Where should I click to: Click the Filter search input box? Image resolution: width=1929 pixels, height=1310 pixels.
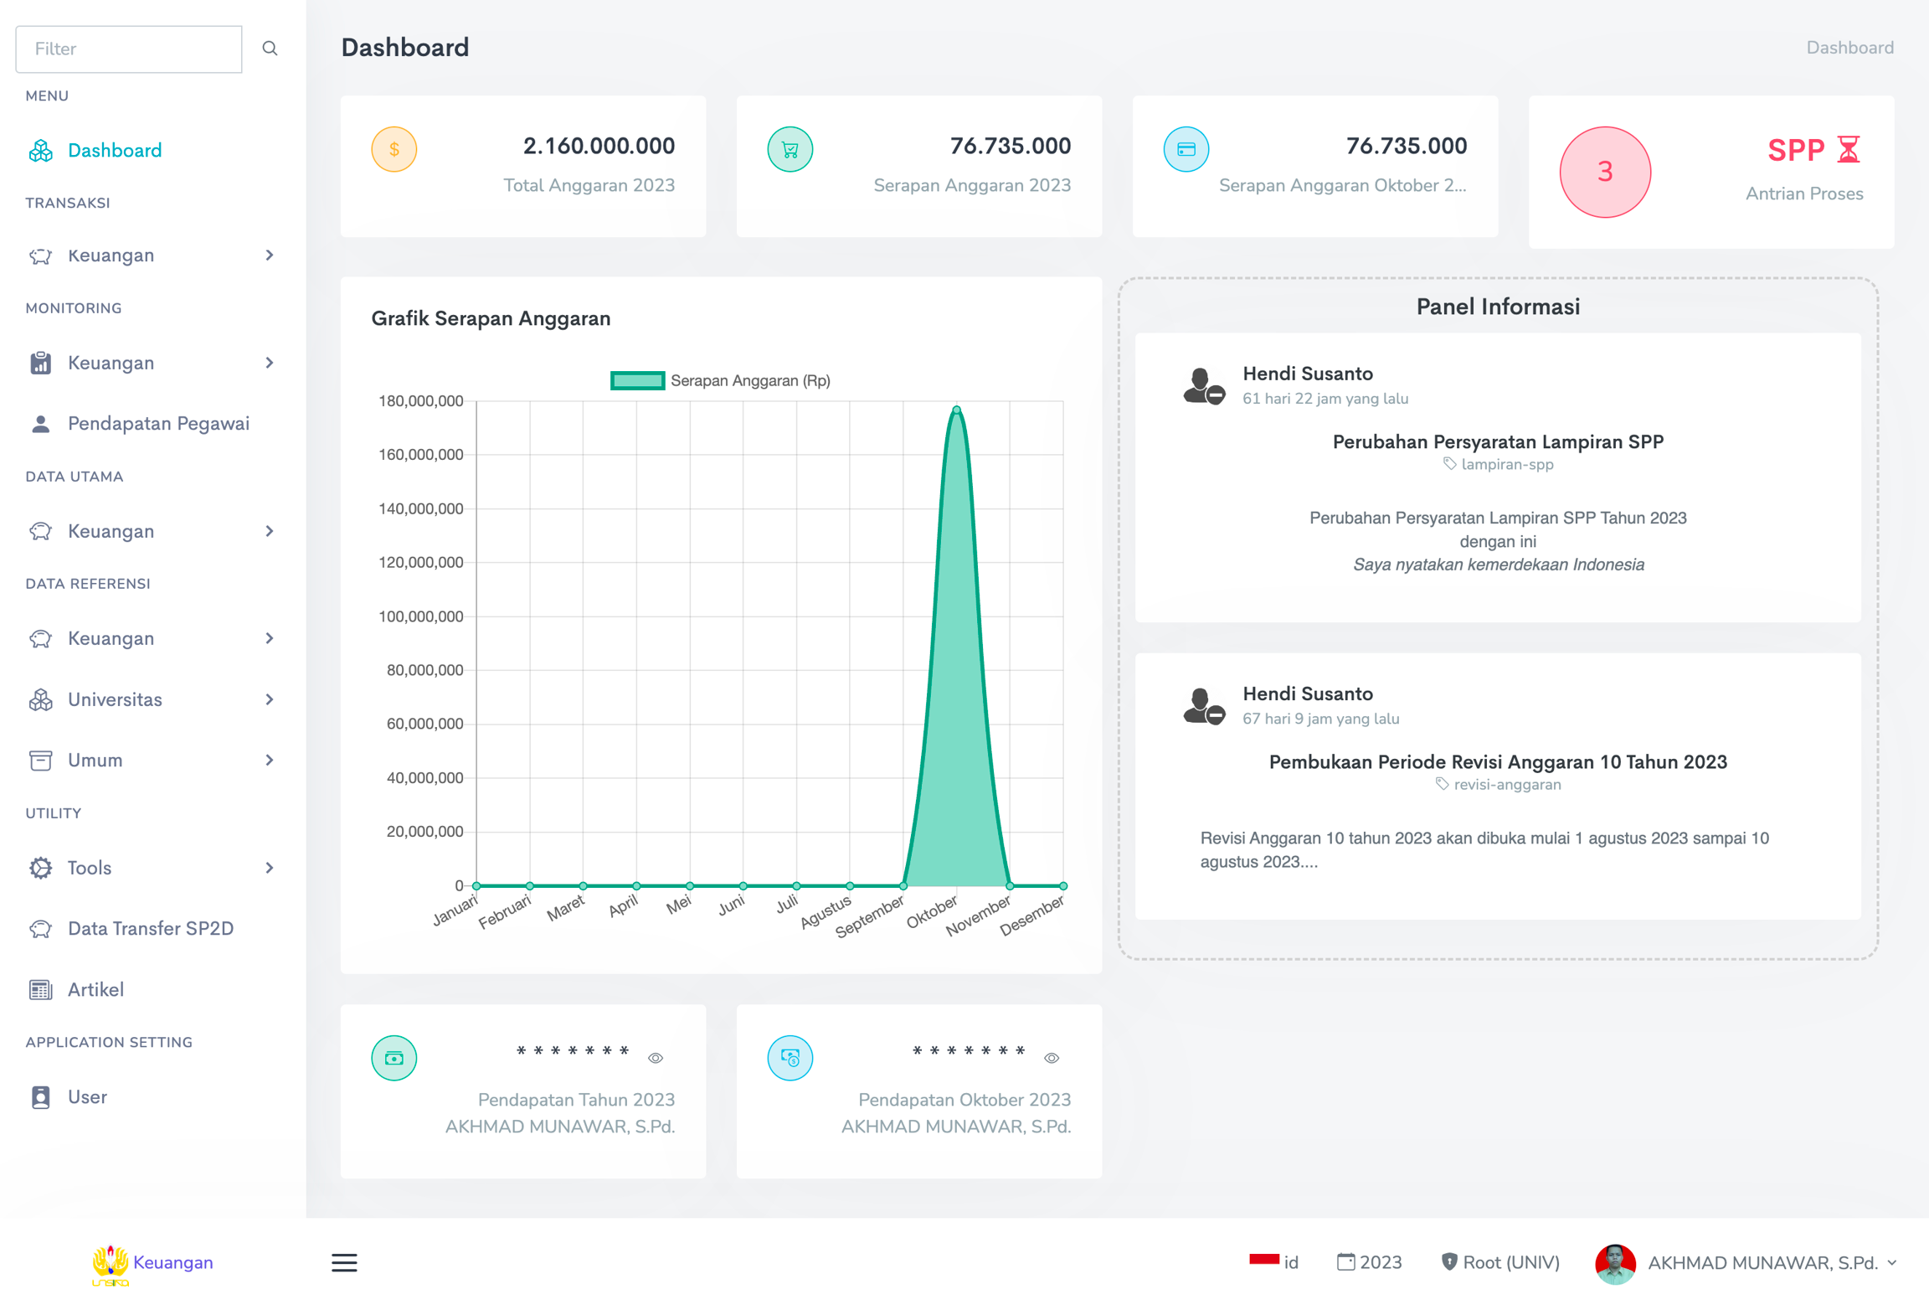coord(129,49)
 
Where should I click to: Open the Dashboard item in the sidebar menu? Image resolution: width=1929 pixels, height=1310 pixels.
coord(114,151)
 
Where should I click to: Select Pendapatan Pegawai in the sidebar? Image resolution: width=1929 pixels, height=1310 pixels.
coord(158,424)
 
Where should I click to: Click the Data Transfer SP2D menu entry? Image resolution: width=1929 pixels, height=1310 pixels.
coord(150,929)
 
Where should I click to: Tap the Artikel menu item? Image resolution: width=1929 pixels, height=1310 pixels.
coord(95,990)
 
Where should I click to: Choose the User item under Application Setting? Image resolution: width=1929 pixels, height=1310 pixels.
coord(87,1097)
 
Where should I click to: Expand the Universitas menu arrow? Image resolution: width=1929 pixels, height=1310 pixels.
coord(270,700)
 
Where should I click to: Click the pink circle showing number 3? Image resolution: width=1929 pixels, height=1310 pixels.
coord(1605,173)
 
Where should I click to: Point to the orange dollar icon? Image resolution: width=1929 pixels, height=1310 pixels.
coord(394,150)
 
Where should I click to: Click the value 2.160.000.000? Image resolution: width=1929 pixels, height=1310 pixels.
coord(599,146)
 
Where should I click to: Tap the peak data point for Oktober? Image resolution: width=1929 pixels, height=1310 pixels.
coord(957,410)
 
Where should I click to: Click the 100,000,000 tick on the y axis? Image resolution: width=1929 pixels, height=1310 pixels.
coord(421,616)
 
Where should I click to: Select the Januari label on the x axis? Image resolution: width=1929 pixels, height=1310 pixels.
coord(455,910)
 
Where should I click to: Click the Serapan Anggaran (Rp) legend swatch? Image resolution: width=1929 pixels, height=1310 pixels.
coord(637,381)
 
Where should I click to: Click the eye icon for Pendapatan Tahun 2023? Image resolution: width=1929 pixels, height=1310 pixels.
coord(656,1059)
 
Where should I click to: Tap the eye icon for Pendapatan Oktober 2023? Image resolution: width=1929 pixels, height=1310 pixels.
coord(1052,1059)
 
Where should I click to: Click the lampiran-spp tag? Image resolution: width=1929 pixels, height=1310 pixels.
coord(1506,465)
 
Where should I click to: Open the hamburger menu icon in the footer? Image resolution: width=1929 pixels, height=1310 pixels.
coord(344,1263)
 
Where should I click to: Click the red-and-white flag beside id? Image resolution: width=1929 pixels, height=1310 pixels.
coord(1263,1261)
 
